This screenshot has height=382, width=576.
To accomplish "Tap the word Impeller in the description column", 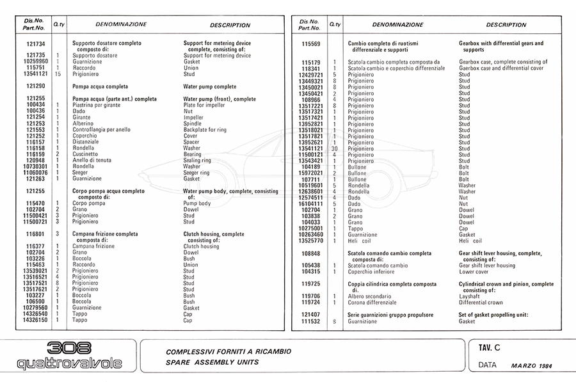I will [x=193, y=117].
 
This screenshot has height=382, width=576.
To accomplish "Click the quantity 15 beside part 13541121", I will [x=58, y=74].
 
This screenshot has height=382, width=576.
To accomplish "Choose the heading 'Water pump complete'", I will [x=209, y=86].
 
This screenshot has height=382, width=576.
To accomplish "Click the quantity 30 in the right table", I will [x=334, y=148].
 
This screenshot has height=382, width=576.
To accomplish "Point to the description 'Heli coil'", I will [x=470, y=241].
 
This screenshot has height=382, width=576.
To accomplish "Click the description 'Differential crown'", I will [x=481, y=303].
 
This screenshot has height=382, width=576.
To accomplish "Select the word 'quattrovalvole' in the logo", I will [x=68, y=364].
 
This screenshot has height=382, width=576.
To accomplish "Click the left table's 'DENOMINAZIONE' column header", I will [x=121, y=24].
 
